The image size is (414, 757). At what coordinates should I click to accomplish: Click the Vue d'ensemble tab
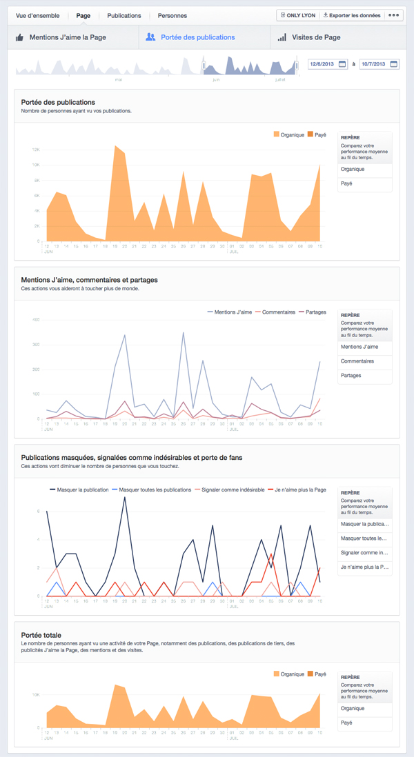38,15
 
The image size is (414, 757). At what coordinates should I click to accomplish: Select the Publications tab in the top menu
124,15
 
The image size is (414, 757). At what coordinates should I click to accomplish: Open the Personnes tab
172,15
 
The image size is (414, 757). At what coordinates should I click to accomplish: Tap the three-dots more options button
394,15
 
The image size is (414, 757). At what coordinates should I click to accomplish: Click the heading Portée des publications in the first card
58,102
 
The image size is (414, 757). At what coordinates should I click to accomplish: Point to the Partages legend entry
314,312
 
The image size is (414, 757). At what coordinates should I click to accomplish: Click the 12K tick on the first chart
37,150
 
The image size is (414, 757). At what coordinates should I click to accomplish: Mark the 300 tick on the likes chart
37,345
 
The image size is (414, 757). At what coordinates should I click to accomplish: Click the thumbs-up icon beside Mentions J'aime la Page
20,37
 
